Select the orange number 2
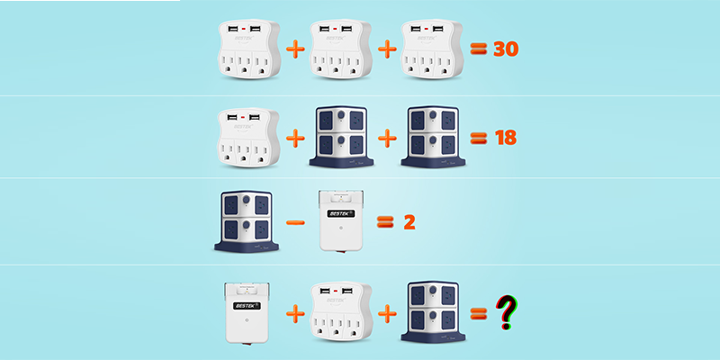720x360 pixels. tap(409, 221)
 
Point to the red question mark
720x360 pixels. tap(508, 312)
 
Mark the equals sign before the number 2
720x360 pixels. tap(384, 221)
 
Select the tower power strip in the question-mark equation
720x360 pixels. tap(435, 313)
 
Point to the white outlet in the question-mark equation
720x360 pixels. tap(340, 313)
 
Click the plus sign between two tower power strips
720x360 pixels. tap(388, 139)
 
